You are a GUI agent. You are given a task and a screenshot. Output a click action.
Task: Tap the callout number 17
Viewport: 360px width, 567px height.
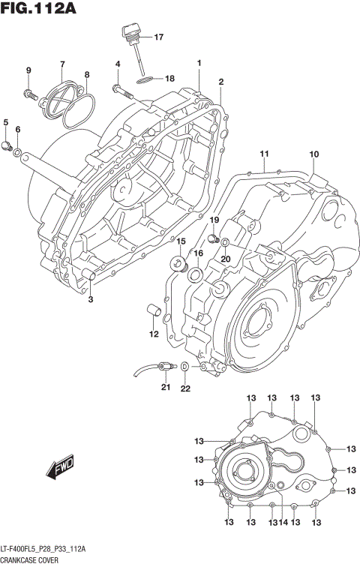click(x=157, y=37)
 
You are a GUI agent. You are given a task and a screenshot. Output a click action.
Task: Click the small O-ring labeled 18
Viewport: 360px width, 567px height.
click(x=146, y=78)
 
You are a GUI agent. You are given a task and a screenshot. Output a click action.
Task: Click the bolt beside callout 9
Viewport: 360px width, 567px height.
click(x=30, y=94)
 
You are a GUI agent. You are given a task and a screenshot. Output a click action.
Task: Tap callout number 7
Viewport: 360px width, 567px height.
click(x=62, y=64)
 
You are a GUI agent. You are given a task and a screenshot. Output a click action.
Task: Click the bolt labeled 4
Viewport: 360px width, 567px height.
click(x=121, y=91)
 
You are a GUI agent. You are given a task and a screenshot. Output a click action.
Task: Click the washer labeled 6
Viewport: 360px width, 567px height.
click(x=17, y=153)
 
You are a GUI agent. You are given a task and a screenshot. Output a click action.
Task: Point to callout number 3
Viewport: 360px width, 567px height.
click(x=89, y=300)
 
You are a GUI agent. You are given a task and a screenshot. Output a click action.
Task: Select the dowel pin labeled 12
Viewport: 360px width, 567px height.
click(x=154, y=310)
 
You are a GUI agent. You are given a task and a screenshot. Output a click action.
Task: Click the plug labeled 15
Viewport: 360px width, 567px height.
click(x=178, y=262)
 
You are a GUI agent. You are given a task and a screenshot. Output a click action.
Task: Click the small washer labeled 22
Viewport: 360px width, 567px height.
click(x=184, y=367)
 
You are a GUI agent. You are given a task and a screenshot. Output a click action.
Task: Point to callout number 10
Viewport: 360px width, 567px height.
click(x=313, y=154)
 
